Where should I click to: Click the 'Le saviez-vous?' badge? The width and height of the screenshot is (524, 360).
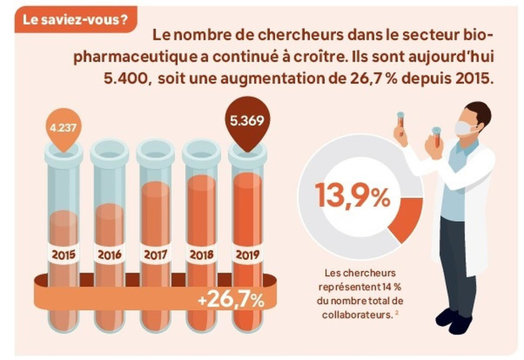tap(75, 20)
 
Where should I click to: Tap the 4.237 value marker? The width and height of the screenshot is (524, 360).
tap(63, 129)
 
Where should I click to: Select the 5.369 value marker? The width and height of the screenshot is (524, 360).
tap(247, 122)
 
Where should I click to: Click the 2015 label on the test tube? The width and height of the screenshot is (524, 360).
tap(63, 255)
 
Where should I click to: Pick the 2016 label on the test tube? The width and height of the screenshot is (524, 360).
tap(109, 255)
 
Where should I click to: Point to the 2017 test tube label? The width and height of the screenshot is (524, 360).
tap(156, 255)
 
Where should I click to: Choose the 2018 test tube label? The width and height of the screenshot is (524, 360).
tap(201, 255)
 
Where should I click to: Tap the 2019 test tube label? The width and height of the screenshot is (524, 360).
tap(248, 255)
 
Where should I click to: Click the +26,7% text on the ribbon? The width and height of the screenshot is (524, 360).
tap(231, 301)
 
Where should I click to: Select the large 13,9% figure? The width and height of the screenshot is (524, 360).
tap(353, 197)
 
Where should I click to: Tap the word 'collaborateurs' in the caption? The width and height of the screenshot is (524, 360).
tap(356, 315)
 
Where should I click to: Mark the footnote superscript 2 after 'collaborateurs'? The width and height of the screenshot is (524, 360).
tap(396, 313)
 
